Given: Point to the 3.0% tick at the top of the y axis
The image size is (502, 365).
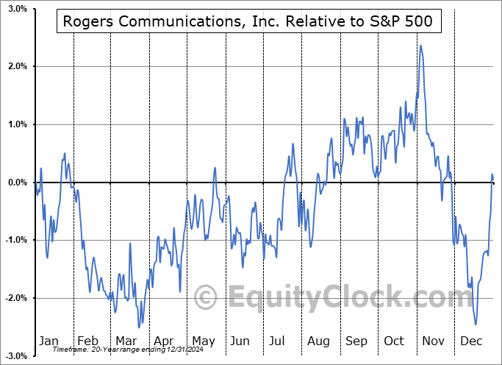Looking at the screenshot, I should pyautogui.click(x=15, y=9).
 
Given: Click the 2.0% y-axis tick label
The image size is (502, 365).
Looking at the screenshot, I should pyautogui.click(x=15, y=66).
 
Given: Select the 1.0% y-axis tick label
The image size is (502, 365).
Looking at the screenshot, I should pyautogui.click(x=15, y=124).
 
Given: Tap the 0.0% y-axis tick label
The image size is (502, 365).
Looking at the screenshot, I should pyautogui.click(x=15, y=182).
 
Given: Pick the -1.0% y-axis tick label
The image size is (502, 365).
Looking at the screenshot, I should pyautogui.click(x=14, y=240).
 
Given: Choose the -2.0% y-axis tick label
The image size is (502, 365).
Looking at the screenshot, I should pyautogui.click(x=14, y=298).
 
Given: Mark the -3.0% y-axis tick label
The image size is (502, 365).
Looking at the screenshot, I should pyautogui.click(x=14, y=355).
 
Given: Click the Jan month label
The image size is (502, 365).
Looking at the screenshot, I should pyautogui.click(x=49, y=341).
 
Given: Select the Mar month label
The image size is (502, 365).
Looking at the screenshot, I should pyautogui.click(x=125, y=341).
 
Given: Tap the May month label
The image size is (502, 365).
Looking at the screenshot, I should pyautogui.click(x=203, y=341).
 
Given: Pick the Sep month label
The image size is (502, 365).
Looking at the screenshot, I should pyautogui.click(x=357, y=341).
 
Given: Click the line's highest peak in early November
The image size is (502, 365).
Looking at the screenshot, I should pyautogui.click(x=420, y=46).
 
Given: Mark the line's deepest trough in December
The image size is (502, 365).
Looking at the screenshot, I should pyautogui.click(x=476, y=325).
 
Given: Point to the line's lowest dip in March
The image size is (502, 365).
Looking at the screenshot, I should pyautogui.click(x=138, y=327).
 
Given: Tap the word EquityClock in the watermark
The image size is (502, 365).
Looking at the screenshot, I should pyautogui.click(x=342, y=298).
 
